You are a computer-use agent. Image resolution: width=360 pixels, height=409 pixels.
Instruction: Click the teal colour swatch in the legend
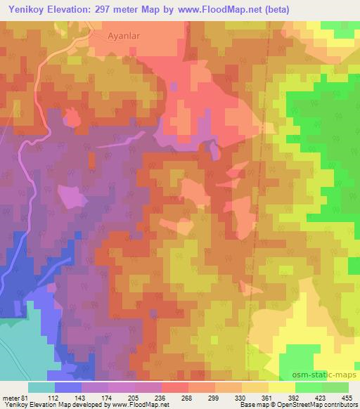pyautogui.click(x=41, y=387)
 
